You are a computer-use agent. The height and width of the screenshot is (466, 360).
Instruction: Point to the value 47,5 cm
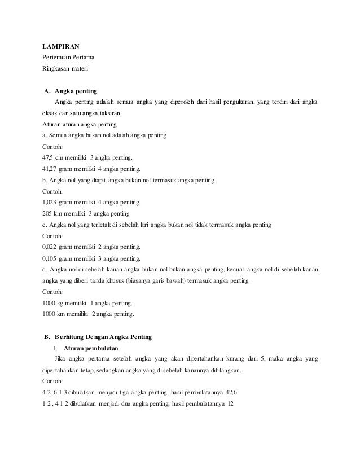click(54, 158)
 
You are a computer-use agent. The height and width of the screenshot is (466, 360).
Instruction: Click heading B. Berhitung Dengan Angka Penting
click(97, 337)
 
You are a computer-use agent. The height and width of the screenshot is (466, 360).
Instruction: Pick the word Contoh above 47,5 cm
click(53, 147)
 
